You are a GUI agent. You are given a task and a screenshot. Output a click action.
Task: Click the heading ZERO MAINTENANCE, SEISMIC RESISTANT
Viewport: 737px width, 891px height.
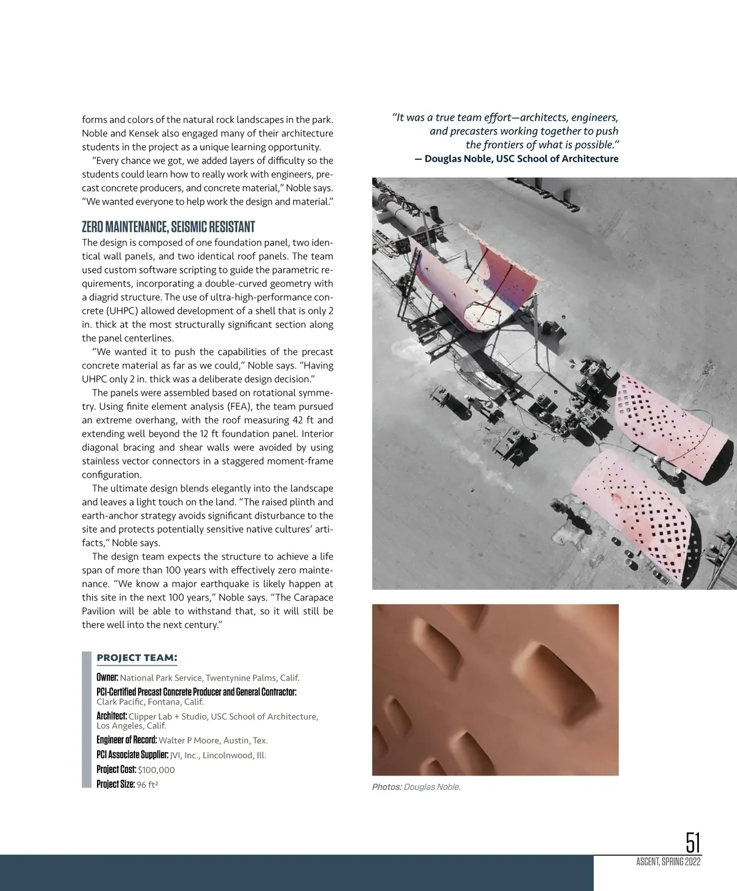tap(168, 227)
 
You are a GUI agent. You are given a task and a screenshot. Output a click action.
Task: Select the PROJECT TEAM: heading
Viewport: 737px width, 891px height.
tap(137, 657)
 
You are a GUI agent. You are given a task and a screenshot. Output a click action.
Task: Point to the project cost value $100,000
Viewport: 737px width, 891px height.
tap(156, 770)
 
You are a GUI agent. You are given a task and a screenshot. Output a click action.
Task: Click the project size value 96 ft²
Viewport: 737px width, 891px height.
tap(147, 785)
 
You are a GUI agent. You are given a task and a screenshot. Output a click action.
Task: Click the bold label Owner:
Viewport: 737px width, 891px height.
tap(107, 677)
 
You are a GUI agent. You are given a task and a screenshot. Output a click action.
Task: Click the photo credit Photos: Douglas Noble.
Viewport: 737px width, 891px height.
tap(416, 787)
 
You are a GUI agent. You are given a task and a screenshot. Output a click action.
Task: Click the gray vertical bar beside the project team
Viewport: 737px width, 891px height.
tap(86, 719)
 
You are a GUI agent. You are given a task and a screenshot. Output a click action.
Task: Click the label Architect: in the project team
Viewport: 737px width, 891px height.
tap(112, 716)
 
